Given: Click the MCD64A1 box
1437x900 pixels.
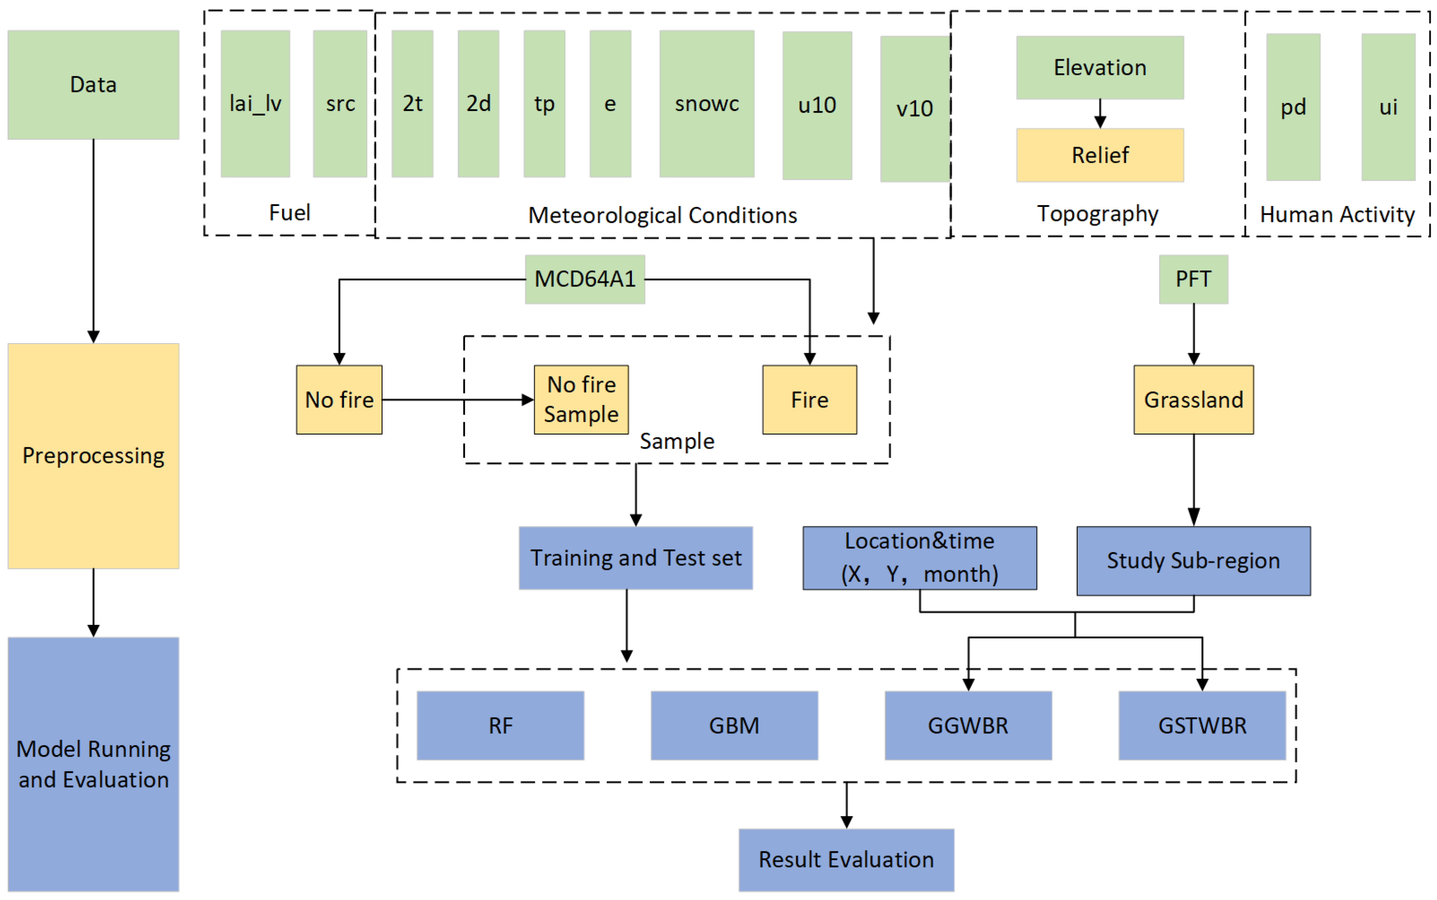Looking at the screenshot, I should click(584, 279).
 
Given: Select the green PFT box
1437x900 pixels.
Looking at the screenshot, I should click(1192, 279).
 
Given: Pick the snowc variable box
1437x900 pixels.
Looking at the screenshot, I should click(706, 103).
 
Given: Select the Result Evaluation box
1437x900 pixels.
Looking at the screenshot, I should click(845, 859).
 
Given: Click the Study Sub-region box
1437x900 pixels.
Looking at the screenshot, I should click(1192, 560).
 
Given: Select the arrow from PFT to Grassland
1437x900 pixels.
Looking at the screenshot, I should click(1192, 333).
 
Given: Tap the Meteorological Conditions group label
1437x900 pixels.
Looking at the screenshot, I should click(661, 215).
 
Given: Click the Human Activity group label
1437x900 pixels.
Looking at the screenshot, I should click(1336, 214).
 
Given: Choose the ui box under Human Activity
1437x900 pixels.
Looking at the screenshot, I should click(1387, 107).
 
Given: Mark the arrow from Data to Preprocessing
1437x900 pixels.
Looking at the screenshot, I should click(93, 238).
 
